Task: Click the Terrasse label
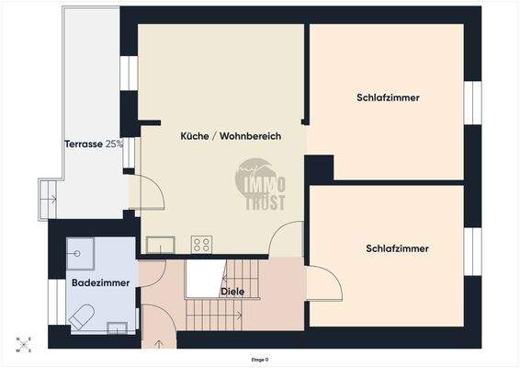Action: (x=93, y=144)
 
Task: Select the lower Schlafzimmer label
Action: (x=397, y=248)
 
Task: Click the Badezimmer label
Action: (x=100, y=282)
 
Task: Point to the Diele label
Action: (x=232, y=292)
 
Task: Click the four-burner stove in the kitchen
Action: (x=201, y=244)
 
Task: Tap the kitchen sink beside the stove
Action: (x=161, y=245)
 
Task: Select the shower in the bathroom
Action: (x=80, y=252)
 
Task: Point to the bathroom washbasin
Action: (x=118, y=326)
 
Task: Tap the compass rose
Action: (x=23, y=344)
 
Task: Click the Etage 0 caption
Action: (x=261, y=360)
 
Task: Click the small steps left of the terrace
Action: (x=47, y=199)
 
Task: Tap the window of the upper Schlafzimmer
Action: (x=472, y=102)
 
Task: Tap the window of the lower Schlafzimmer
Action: (x=472, y=250)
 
